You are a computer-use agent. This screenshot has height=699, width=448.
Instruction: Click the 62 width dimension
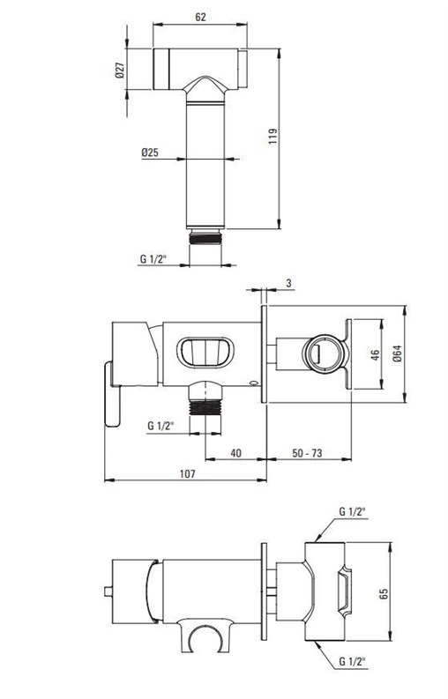point(201,17)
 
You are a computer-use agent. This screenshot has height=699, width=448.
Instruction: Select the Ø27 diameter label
point(119,71)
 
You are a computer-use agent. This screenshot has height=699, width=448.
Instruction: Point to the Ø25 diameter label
point(150,152)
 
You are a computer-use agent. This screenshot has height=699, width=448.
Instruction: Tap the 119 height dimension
point(273,136)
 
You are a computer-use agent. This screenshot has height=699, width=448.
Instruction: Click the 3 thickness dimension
point(288,283)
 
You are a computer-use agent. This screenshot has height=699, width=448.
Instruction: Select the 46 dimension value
point(376,355)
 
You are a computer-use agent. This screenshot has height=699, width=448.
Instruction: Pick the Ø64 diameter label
point(398,354)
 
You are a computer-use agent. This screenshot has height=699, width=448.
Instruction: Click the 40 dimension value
point(236,453)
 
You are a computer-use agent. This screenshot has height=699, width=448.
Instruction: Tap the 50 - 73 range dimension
point(307,453)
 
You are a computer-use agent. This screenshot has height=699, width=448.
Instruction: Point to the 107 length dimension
point(188,474)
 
